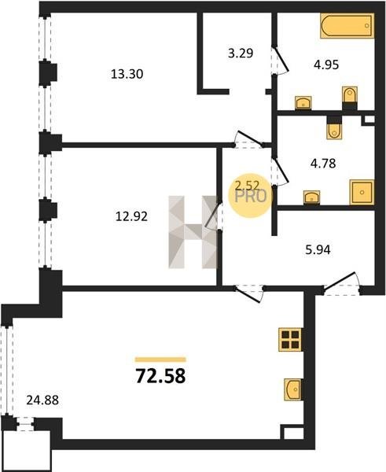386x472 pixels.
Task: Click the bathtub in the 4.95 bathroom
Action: [347, 26]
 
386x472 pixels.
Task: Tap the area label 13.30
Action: [127, 74]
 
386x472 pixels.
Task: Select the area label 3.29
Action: [241, 53]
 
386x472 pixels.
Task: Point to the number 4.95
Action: [326, 65]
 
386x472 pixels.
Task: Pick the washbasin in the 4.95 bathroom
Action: [303, 102]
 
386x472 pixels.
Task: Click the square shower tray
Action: [362, 192]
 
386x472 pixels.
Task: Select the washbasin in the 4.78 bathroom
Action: [311, 197]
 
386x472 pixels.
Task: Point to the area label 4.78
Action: [323, 164]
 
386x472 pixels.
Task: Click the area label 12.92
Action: [131, 216]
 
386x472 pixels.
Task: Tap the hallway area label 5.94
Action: [318, 250]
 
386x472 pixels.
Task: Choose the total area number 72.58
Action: [160, 376]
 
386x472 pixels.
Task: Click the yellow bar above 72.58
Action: [160, 360]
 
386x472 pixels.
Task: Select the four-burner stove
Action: [290, 340]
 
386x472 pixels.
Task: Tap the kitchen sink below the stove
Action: [292, 389]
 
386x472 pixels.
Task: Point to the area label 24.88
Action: [42, 400]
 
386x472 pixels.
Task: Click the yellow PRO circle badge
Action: [250, 196]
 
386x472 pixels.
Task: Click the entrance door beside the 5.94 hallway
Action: [342, 284]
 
